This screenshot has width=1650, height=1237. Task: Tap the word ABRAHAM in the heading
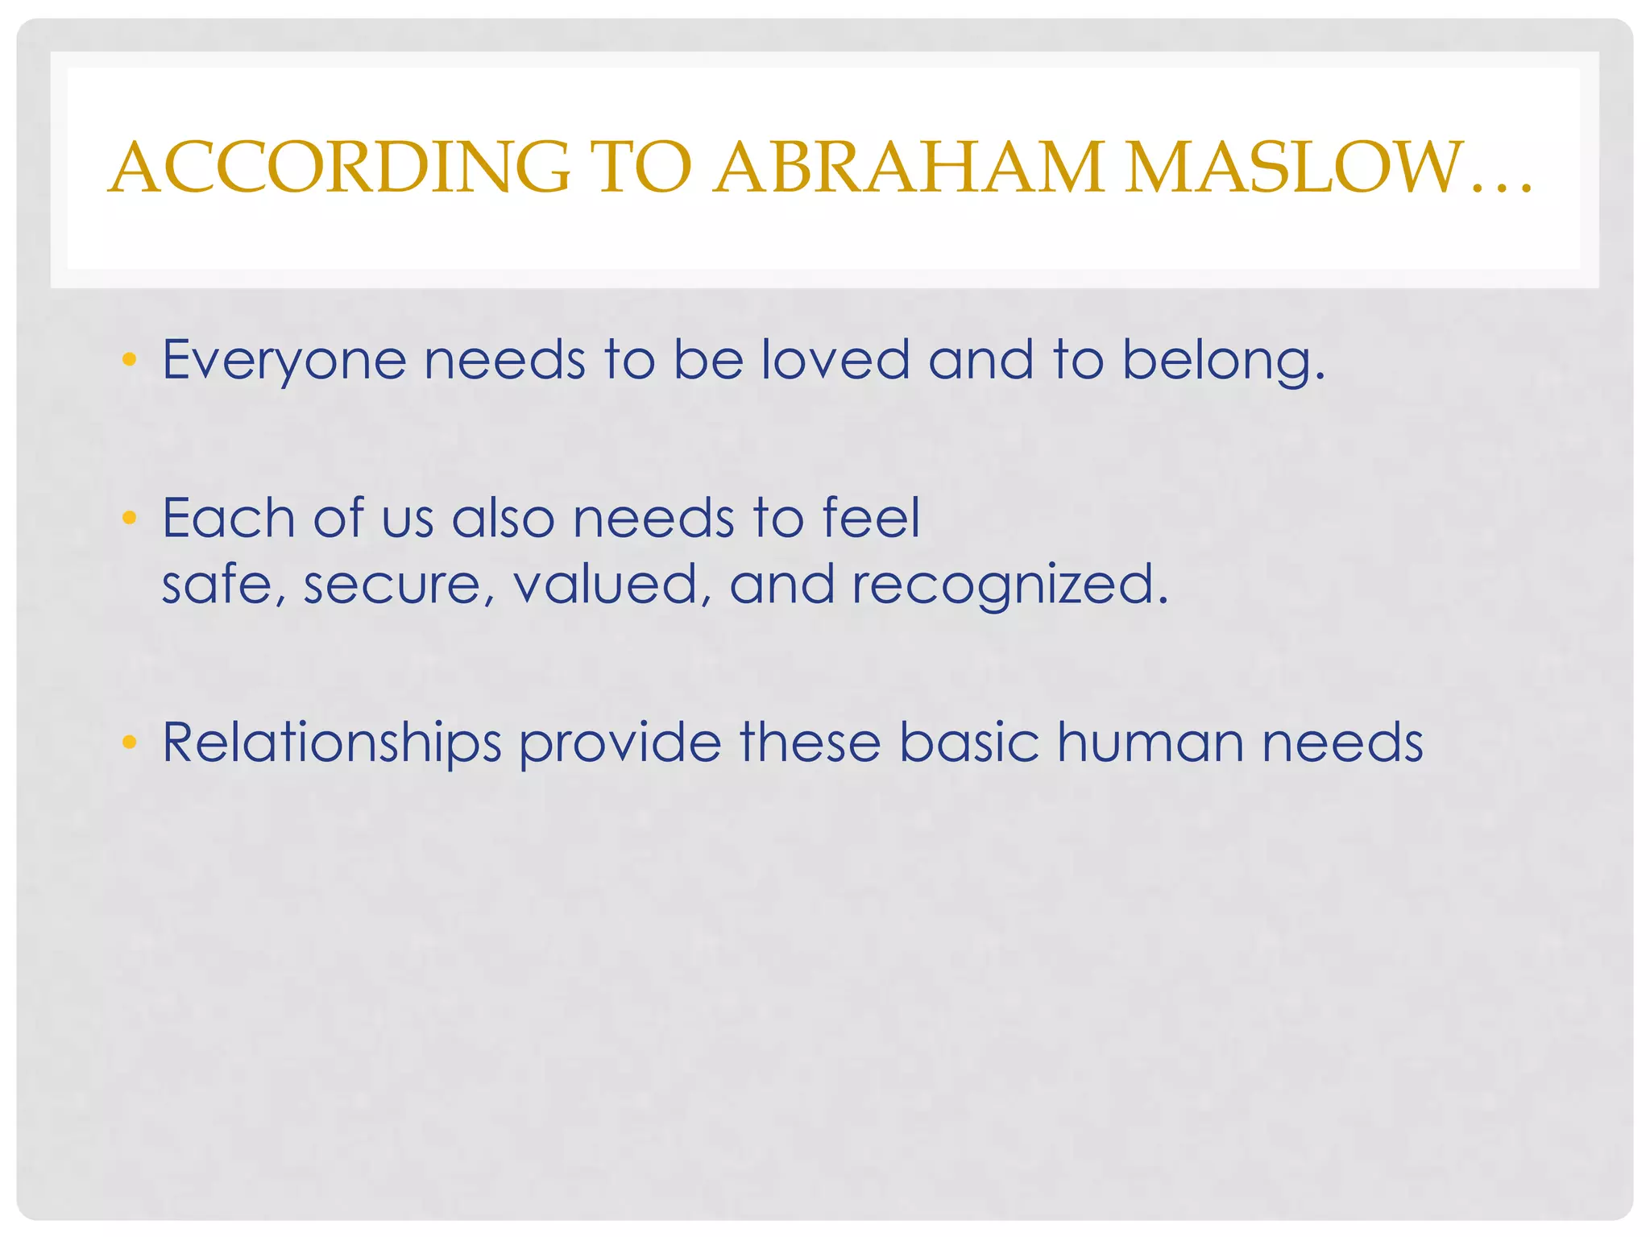click(910, 168)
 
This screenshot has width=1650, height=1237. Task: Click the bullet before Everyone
click(129, 359)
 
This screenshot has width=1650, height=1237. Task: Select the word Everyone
click(284, 361)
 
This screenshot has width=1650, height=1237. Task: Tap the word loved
click(835, 359)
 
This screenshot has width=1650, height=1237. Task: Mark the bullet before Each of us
click(129, 517)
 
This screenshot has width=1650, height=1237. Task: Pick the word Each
click(229, 518)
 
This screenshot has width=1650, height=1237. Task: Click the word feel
click(871, 517)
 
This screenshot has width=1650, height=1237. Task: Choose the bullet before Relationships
click(129, 742)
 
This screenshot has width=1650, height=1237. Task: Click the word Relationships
click(332, 743)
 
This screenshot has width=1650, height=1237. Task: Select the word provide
click(620, 743)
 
